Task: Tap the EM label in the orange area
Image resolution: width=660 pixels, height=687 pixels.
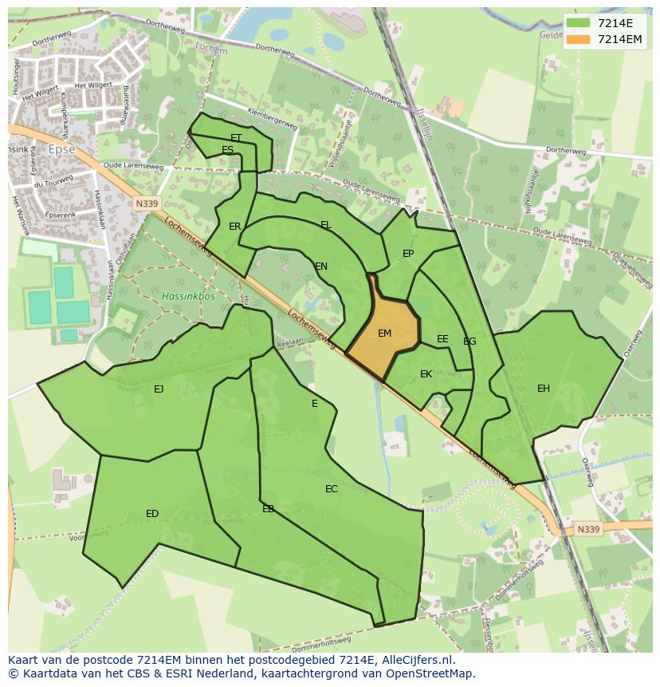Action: click(x=384, y=334)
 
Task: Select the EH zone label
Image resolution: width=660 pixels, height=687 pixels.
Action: click(x=543, y=389)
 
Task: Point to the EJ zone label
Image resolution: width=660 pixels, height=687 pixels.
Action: click(x=159, y=389)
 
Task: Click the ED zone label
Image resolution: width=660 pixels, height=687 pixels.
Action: click(x=152, y=513)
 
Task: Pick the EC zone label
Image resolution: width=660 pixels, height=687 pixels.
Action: click(x=332, y=489)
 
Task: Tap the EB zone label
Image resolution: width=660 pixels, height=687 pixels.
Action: click(x=268, y=508)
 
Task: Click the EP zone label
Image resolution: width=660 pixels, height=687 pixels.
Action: click(x=408, y=254)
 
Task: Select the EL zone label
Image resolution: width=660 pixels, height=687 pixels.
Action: click(x=325, y=225)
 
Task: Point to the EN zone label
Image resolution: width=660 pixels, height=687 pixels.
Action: click(x=321, y=267)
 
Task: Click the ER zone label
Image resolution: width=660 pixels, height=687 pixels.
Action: click(x=234, y=227)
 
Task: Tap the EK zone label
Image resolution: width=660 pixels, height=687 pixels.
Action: click(x=426, y=374)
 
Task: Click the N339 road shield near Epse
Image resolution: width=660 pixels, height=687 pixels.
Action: click(x=146, y=203)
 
